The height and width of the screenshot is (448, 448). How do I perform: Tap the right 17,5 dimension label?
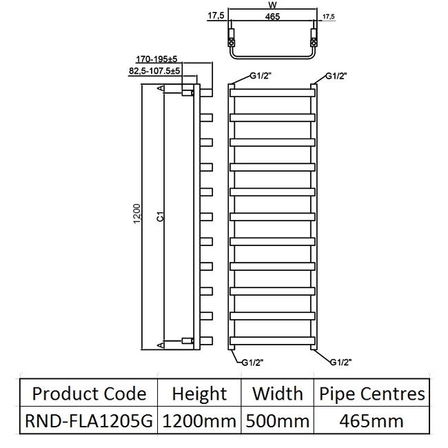click(x=327, y=15)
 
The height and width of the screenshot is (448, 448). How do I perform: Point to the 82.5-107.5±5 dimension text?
click(x=154, y=70)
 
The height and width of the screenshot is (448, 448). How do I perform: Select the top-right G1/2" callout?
click(x=336, y=76)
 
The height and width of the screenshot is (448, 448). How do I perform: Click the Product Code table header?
click(x=90, y=394)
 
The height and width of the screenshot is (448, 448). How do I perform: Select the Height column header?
click(x=199, y=394)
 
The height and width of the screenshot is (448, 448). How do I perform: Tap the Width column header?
click(x=277, y=394)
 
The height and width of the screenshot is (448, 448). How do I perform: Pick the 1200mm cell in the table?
click(x=199, y=420)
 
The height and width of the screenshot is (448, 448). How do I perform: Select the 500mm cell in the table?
click(x=277, y=420)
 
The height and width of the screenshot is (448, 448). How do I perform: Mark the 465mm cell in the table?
click(x=371, y=420)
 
